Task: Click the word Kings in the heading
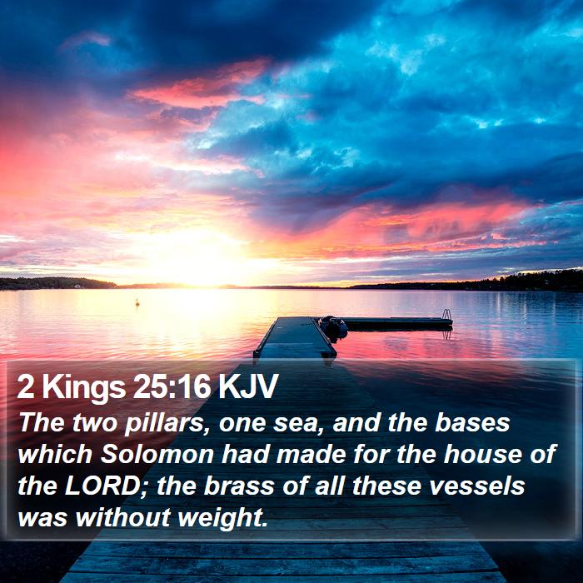[84, 388]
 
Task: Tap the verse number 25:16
[172, 386]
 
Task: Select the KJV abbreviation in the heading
[248, 386]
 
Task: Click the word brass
[239, 486]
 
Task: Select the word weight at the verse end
[222, 517]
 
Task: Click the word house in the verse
[482, 454]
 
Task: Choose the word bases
[472, 422]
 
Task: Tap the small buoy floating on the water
[137, 302]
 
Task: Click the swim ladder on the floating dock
[446, 315]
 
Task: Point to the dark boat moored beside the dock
[333, 326]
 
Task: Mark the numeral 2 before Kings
[26, 386]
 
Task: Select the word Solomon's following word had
[246, 454]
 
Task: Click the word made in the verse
[311, 454]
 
